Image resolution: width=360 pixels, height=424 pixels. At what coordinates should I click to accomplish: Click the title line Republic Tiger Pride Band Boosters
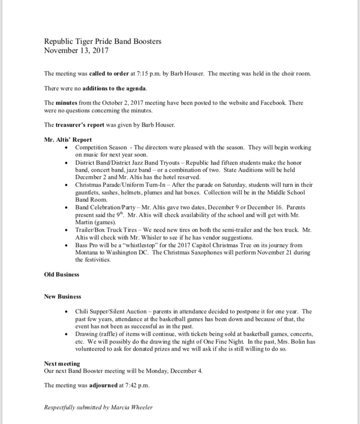[x=102, y=41]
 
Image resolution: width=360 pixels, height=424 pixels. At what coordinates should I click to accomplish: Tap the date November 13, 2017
[x=76, y=50]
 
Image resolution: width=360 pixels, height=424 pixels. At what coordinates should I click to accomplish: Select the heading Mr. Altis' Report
[x=68, y=140]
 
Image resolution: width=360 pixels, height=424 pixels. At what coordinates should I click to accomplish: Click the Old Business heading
[x=61, y=274]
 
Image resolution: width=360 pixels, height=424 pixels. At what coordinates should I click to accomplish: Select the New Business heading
[x=62, y=296]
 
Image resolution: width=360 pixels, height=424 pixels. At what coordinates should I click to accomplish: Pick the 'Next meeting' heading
[x=62, y=364]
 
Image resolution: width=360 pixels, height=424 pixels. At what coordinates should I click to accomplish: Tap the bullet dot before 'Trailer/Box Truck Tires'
[x=67, y=230]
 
